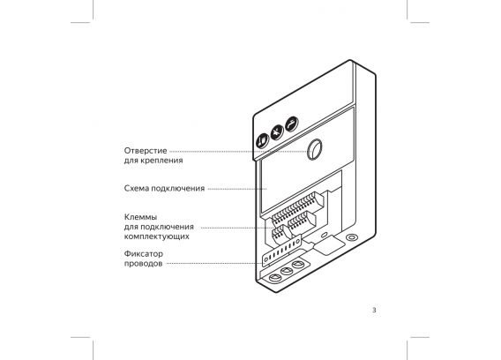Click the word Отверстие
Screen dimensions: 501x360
(146, 151)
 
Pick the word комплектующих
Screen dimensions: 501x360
(157, 236)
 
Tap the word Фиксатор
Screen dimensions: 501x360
(144, 254)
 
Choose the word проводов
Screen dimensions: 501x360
(143, 264)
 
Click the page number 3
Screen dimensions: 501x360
(374, 310)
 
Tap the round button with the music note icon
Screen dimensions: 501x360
(262, 140)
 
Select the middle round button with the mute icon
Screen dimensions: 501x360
(277, 132)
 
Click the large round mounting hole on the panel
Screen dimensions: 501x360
(314, 149)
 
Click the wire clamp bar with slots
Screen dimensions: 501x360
(281, 251)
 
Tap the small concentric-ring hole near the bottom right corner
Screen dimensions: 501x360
(352, 237)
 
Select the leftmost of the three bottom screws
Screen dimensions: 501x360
(274, 278)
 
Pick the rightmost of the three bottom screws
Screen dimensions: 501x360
(298, 265)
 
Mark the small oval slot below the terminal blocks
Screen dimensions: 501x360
(325, 235)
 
